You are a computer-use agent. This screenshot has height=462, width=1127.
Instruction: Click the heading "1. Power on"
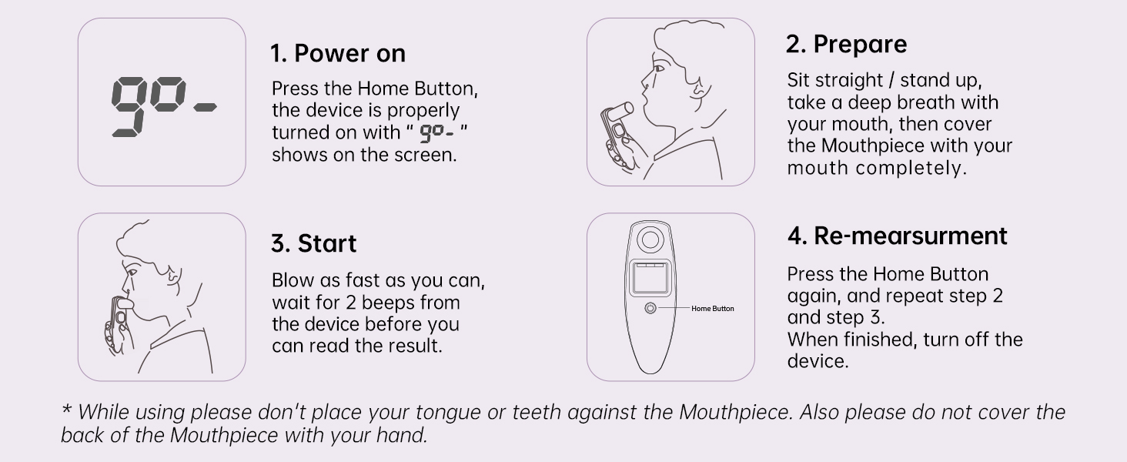coord(338,53)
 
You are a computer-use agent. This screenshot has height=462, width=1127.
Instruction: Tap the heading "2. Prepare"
coord(846,45)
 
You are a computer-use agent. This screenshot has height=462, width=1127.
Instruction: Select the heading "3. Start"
coord(313,243)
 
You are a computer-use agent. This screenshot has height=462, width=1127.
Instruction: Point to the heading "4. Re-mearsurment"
coord(897,236)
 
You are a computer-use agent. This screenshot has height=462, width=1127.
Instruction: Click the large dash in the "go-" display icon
coord(206,107)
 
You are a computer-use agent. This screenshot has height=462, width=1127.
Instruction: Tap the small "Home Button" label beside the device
coord(712,309)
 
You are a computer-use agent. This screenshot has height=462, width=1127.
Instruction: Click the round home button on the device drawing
coord(650,308)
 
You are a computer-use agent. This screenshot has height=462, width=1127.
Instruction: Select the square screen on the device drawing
coord(650,277)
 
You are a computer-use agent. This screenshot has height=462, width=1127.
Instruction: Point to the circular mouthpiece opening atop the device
coord(650,239)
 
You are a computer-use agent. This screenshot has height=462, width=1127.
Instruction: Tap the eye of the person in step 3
coord(132,273)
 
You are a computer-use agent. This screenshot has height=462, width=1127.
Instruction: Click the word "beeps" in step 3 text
coord(391,303)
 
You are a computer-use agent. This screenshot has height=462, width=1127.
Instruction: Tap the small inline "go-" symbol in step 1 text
coord(436,132)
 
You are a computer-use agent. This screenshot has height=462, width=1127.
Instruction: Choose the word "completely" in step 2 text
coord(911,168)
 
